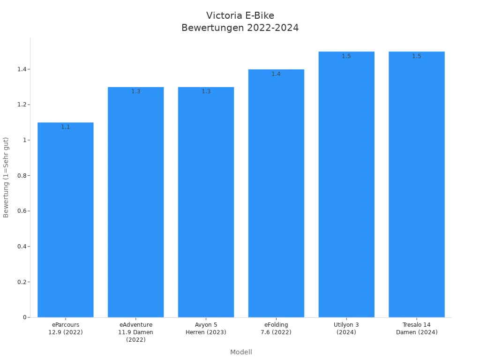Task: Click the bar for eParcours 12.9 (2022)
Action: click(66, 220)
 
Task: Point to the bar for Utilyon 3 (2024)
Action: click(346, 185)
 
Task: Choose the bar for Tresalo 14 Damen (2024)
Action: click(417, 185)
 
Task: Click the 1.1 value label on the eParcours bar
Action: click(66, 127)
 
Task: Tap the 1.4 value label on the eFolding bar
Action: click(276, 74)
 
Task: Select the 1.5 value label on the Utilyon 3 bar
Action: click(346, 56)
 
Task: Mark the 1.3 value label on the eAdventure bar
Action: click(136, 91)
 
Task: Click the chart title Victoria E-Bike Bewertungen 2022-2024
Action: click(240, 22)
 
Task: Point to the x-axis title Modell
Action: click(241, 352)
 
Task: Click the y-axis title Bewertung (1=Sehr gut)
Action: click(6, 177)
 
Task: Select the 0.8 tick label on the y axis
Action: click(21, 176)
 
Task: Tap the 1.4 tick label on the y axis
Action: click(21, 69)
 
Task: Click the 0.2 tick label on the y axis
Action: click(21, 282)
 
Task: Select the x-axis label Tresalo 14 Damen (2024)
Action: click(417, 329)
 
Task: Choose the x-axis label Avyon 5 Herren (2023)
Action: click(206, 329)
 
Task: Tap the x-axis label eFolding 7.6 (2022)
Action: click(276, 329)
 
